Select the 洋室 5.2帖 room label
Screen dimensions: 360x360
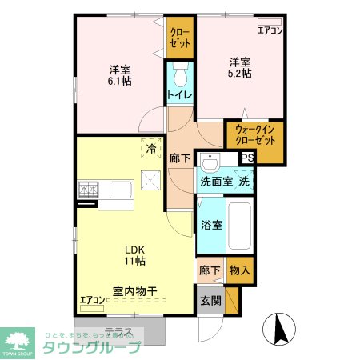pos(239,67)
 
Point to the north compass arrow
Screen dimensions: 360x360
pos(281,329)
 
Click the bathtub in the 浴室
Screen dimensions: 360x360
pos(240,225)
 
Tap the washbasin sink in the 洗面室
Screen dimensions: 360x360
pos(210,163)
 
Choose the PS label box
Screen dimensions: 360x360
pos(247,158)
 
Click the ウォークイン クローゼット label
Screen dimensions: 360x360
pos(255,140)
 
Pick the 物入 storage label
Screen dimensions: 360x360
pos(240,271)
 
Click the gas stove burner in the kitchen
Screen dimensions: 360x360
pos(87,190)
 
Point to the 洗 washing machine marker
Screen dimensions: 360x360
pos(246,181)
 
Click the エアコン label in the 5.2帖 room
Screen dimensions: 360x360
pos(270,31)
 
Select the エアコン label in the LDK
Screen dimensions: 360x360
pos(92,302)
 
